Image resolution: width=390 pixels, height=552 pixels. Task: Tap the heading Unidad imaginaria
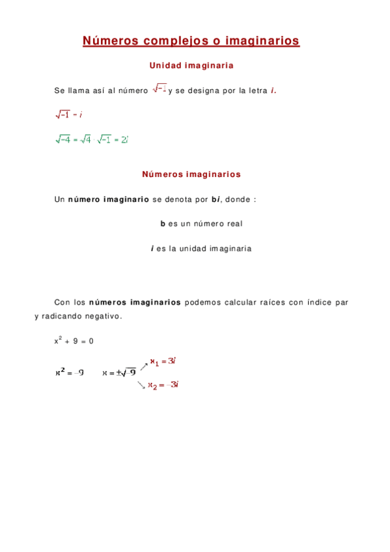coord(191,66)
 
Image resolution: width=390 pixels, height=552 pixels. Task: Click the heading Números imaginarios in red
coord(191,174)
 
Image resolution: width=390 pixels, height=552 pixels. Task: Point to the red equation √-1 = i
coord(68,115)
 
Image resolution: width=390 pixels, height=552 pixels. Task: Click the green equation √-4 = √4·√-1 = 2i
coord(92,139)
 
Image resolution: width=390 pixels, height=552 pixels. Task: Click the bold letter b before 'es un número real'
coord(163,224)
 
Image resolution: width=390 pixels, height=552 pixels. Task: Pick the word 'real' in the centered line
coord(234,224)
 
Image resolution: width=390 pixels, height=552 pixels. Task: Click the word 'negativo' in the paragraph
coord(102,316)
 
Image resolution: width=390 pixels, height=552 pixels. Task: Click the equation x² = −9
coord(69,373)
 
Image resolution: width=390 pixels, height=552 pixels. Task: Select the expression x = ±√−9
coord(119,373)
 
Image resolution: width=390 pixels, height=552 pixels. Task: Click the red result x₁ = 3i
coord(163,361)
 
